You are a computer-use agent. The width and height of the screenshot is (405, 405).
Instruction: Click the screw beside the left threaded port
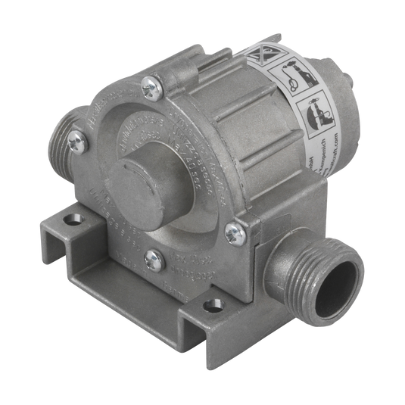(x=73, y=141)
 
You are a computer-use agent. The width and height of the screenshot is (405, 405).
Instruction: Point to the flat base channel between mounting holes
(x=136, y=280)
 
